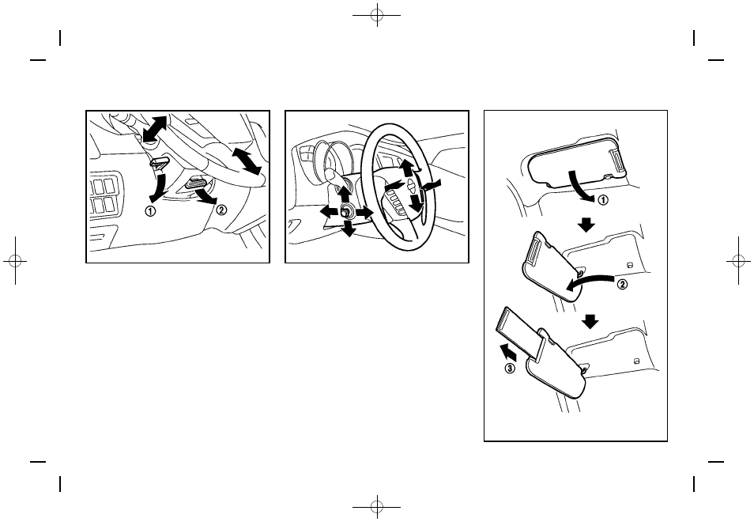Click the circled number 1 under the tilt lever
pos(150,210)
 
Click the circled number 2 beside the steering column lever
pos(221,210)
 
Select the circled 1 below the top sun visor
pos(602,199)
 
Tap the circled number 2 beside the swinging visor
pos(622,285)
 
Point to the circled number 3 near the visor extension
pos(510,369)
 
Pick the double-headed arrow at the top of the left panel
pos(155,129)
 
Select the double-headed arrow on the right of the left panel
pos(247,161)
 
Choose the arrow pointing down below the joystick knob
pos(348,228)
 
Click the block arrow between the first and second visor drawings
pos(586,225)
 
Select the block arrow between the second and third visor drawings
pos(590,321)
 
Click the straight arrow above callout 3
pos(509,352)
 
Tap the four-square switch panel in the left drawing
pos(104,195)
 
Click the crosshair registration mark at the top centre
pos(377,15)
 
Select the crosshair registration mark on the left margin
pos(15,261)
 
